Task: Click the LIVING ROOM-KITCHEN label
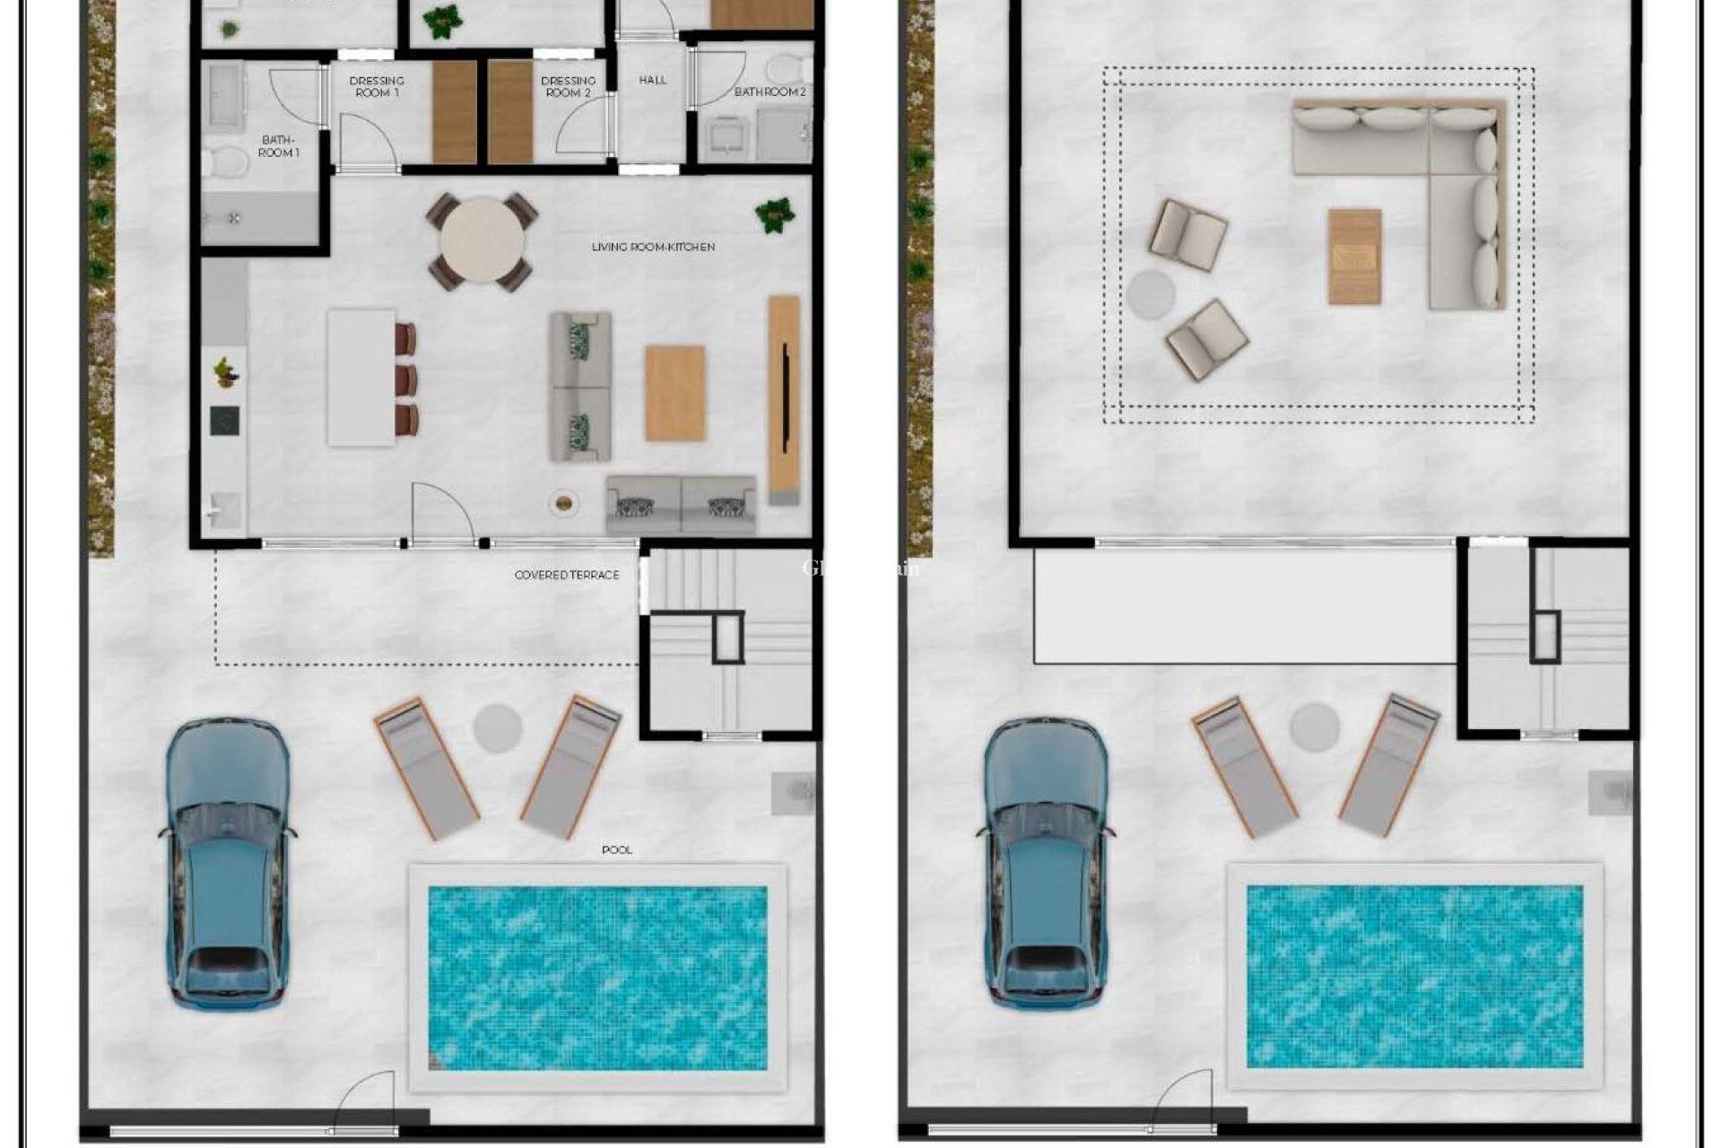pyautogui.click(x=653, y=247)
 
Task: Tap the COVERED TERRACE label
pyautogui.click(x=567, y=575)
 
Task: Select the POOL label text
pyautogui.click(x=617, y=849)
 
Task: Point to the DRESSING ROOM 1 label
pyautogui.click(x=377, y=86)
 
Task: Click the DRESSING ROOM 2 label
pyautogui.click(x=568, y=86)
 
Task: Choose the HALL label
pyautogui.click(x=653, y=80)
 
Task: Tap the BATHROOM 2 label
pyautogui.click(x=770, y=91)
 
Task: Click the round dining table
pyautogui.click(x=483, y=241)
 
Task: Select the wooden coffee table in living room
pyautogui.click(x=674, y=393)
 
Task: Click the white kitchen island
pyautogui.click(x=361, y=377)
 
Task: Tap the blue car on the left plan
pyautogui.click(x=228, y=861)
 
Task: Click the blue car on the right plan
pyautogui.click(x=1046, y=861)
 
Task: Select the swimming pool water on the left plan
pyautogui.click(x=597, y=978)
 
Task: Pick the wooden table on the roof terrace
pyautogui.click(x=1354, y=257)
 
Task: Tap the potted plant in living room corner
pyautogui.click(x=774, y=215)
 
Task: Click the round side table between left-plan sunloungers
pyautogui.click(x=498, y=727)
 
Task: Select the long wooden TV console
pyautogui.click(x=783, y=399)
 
